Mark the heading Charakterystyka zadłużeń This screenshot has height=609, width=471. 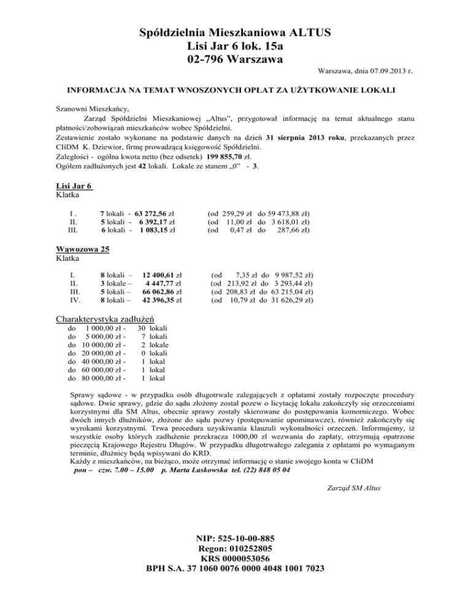[105, 319]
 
